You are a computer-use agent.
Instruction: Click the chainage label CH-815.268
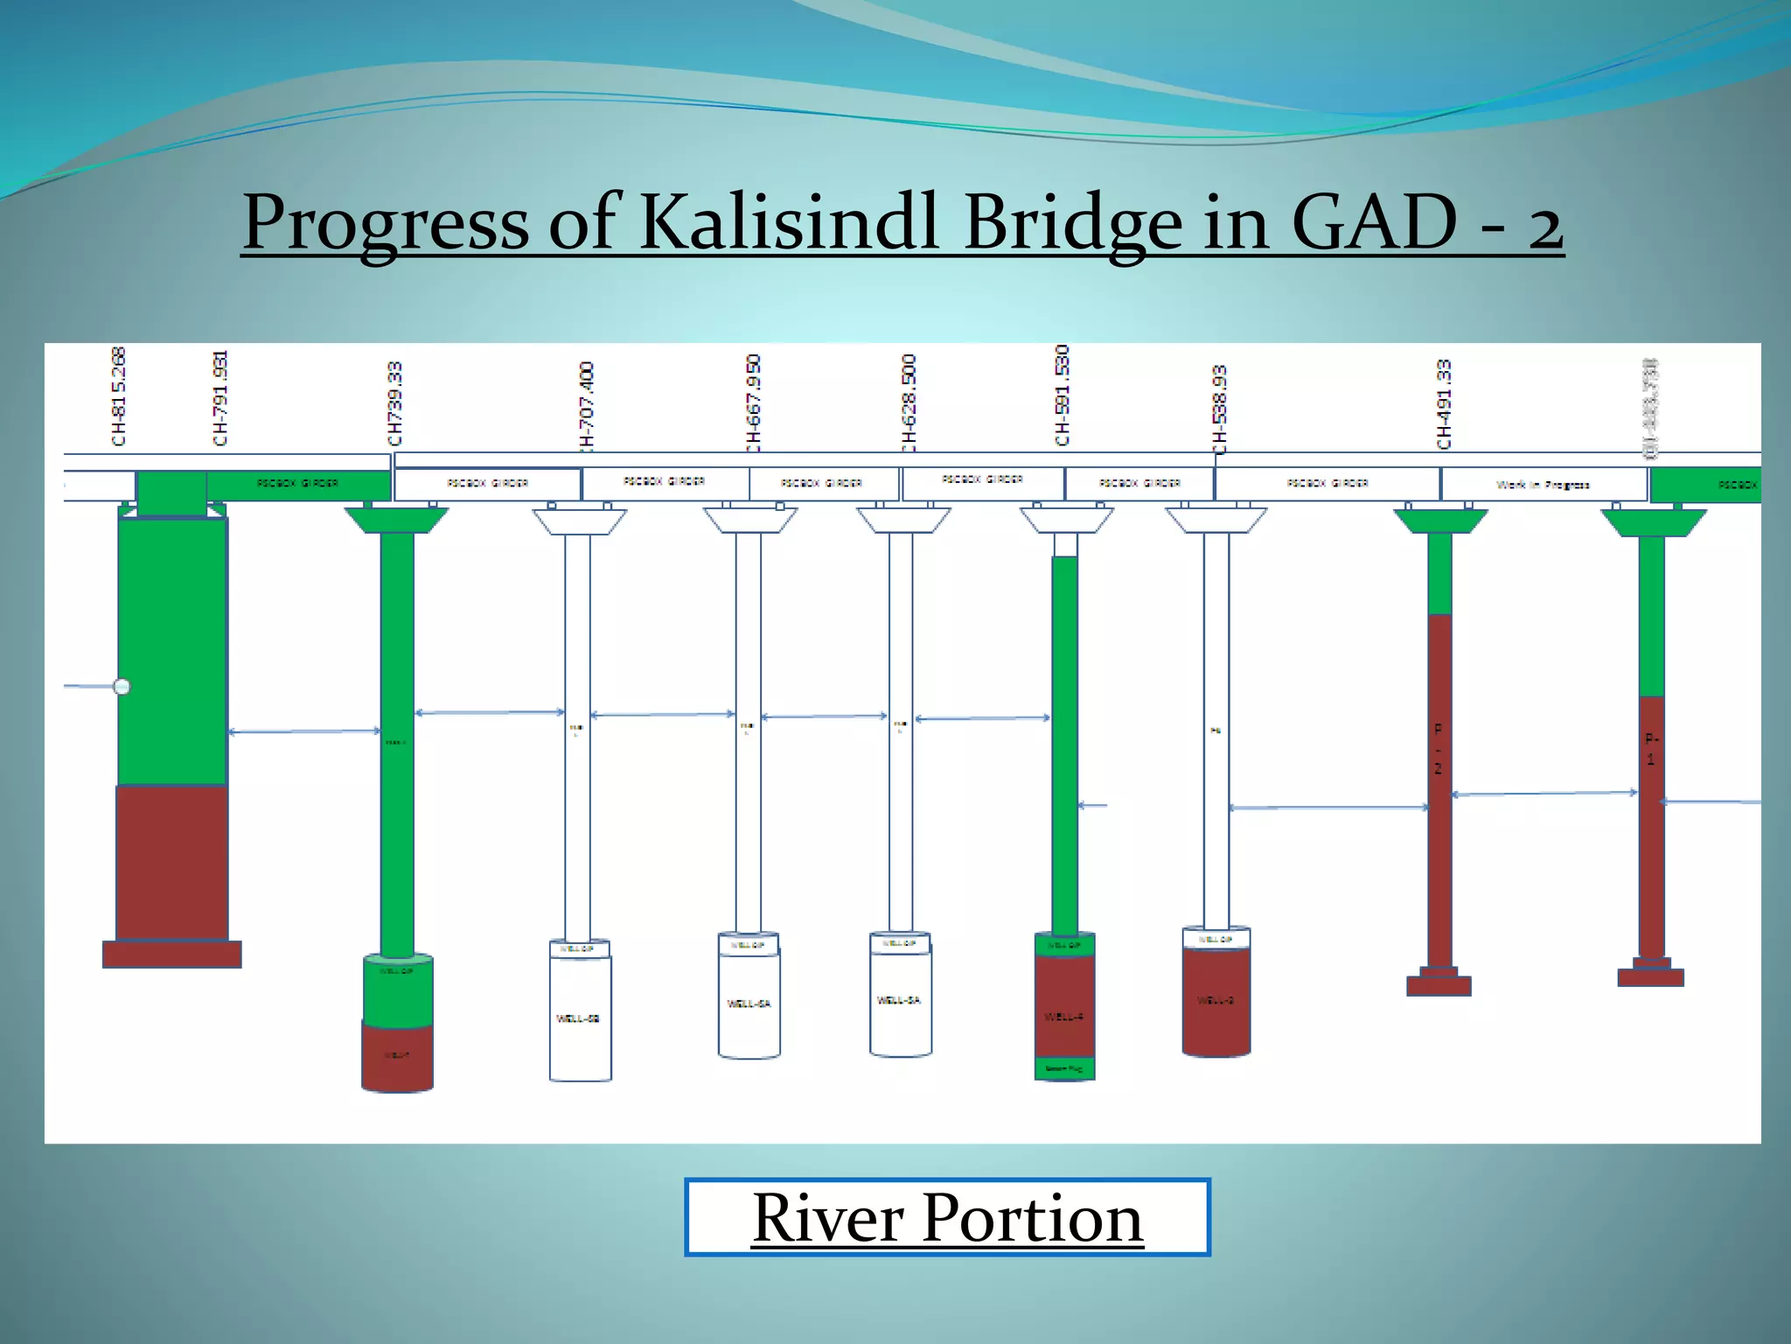(119, 396)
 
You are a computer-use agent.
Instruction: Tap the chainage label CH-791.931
(220, 398)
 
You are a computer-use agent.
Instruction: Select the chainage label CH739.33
(395, 403)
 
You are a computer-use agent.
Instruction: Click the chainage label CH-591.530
(1063, 395)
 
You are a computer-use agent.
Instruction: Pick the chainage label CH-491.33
(1444, 403)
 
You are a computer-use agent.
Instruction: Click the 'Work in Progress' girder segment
(1544, 484)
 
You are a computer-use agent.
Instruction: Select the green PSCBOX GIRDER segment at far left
(297, 483)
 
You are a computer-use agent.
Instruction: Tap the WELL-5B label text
(578, 1018)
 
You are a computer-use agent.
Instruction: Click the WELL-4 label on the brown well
(1064, 1017)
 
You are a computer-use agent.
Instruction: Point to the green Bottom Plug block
(1064, 1069)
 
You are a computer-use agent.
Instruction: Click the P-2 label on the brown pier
(1438, 749)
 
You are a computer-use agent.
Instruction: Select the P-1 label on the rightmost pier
(1651, 749)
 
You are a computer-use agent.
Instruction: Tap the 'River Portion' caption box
(947, 1217)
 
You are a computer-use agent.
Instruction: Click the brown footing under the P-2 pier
(1439, 985)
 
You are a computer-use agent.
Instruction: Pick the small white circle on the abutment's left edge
(122, 687)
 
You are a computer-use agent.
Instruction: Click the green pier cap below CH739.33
(396, 521)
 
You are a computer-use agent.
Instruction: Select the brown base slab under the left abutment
(172, 954)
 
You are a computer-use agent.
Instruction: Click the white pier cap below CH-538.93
(1216, 521)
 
